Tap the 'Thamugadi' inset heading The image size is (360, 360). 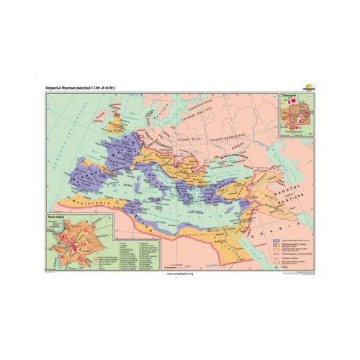point(290,93)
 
